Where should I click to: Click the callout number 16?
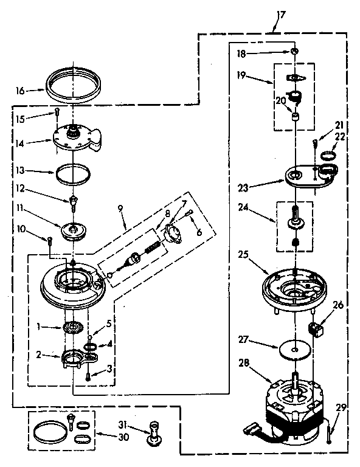point(20,90)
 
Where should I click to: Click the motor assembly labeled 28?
point(295,413)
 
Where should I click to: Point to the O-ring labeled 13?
point(72,174)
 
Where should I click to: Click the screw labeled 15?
point(55,112)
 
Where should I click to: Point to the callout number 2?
point(38,355)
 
